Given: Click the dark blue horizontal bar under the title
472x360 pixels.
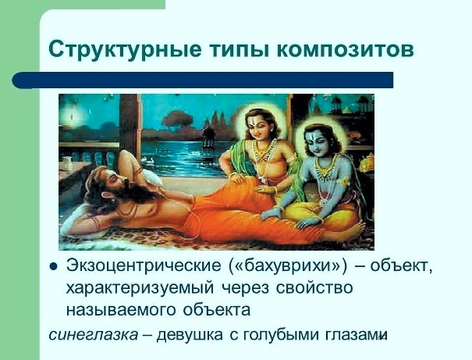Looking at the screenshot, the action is (203, 80).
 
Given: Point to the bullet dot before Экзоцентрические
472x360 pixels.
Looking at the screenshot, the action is (53, 267).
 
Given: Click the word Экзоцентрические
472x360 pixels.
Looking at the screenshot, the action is (144, 266).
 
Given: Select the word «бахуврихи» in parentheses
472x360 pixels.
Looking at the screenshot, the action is (289, 266).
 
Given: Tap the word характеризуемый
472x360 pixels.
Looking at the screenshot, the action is (140, 288).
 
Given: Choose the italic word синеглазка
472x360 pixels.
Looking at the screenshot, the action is (94, 335).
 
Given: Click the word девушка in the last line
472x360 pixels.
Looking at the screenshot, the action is (190, 334).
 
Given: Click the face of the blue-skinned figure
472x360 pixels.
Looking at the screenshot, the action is (318, 142).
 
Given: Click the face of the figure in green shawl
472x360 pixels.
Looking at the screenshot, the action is (257, 125).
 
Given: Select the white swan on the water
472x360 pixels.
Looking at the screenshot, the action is (149, 159).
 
